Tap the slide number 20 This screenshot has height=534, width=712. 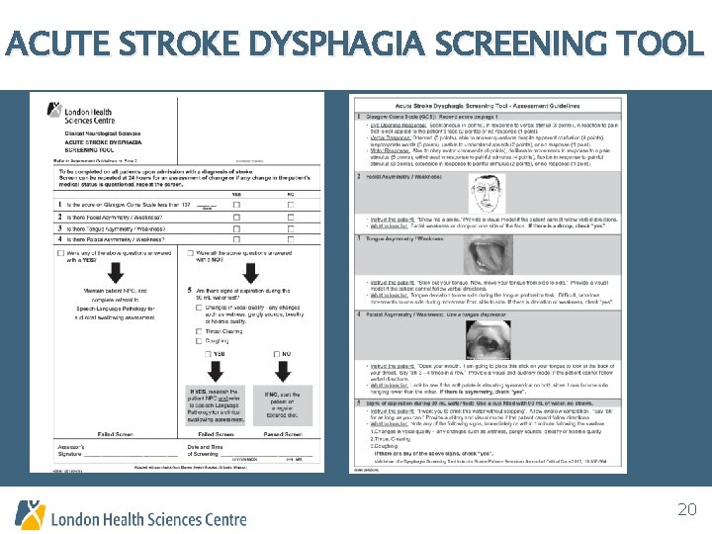coord(686,509)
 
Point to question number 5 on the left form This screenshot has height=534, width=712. coord(189,290)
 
